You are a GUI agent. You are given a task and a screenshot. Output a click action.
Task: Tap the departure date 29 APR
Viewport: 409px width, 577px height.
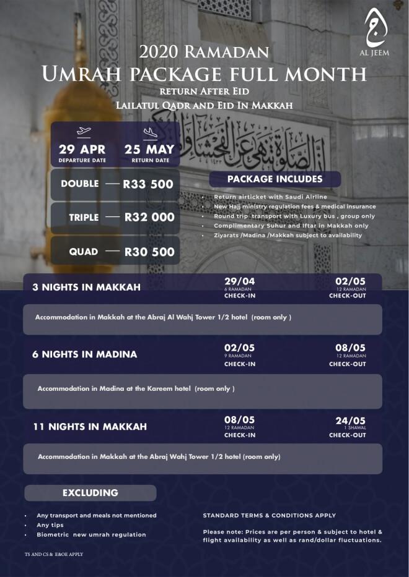[x=82, y=149]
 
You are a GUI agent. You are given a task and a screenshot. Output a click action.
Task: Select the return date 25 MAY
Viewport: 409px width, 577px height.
[x=149, y=149]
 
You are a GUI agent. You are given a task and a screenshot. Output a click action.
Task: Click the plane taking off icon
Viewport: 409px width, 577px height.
[x=83, y=132]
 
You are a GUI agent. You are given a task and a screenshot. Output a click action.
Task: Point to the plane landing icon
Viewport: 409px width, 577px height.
[x=150, y=132]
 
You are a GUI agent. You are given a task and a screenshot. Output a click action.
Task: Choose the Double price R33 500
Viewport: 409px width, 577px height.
[x=148, y=184]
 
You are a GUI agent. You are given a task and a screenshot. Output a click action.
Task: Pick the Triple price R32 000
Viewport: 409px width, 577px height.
[x=149, y=217]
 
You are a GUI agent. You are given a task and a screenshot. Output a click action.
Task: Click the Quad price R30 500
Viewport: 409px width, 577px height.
[x=149, y=252]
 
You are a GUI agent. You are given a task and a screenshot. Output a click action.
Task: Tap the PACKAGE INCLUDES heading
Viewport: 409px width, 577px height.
[x=275, y=179]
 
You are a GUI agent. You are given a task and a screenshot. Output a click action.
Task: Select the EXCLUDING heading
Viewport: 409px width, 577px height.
[x=90, y=493]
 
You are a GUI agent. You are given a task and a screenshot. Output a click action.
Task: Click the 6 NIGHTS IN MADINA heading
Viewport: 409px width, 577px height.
[x=84, y=354]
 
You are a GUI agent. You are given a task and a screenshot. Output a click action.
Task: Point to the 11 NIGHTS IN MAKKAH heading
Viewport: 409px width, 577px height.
[x=89, y=427]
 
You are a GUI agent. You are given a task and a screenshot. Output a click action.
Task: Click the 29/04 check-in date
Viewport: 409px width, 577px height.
[x=239, y=281]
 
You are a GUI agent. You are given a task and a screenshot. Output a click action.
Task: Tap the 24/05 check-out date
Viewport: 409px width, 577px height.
[x=350, y=420]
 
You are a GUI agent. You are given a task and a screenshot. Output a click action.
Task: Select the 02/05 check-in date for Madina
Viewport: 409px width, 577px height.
[x=239, y=348]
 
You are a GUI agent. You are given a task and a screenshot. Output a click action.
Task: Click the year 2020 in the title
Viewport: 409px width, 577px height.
[x=159, y=52]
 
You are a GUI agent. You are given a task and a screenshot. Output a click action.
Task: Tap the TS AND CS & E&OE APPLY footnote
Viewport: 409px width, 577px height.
[x=50, y=554]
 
